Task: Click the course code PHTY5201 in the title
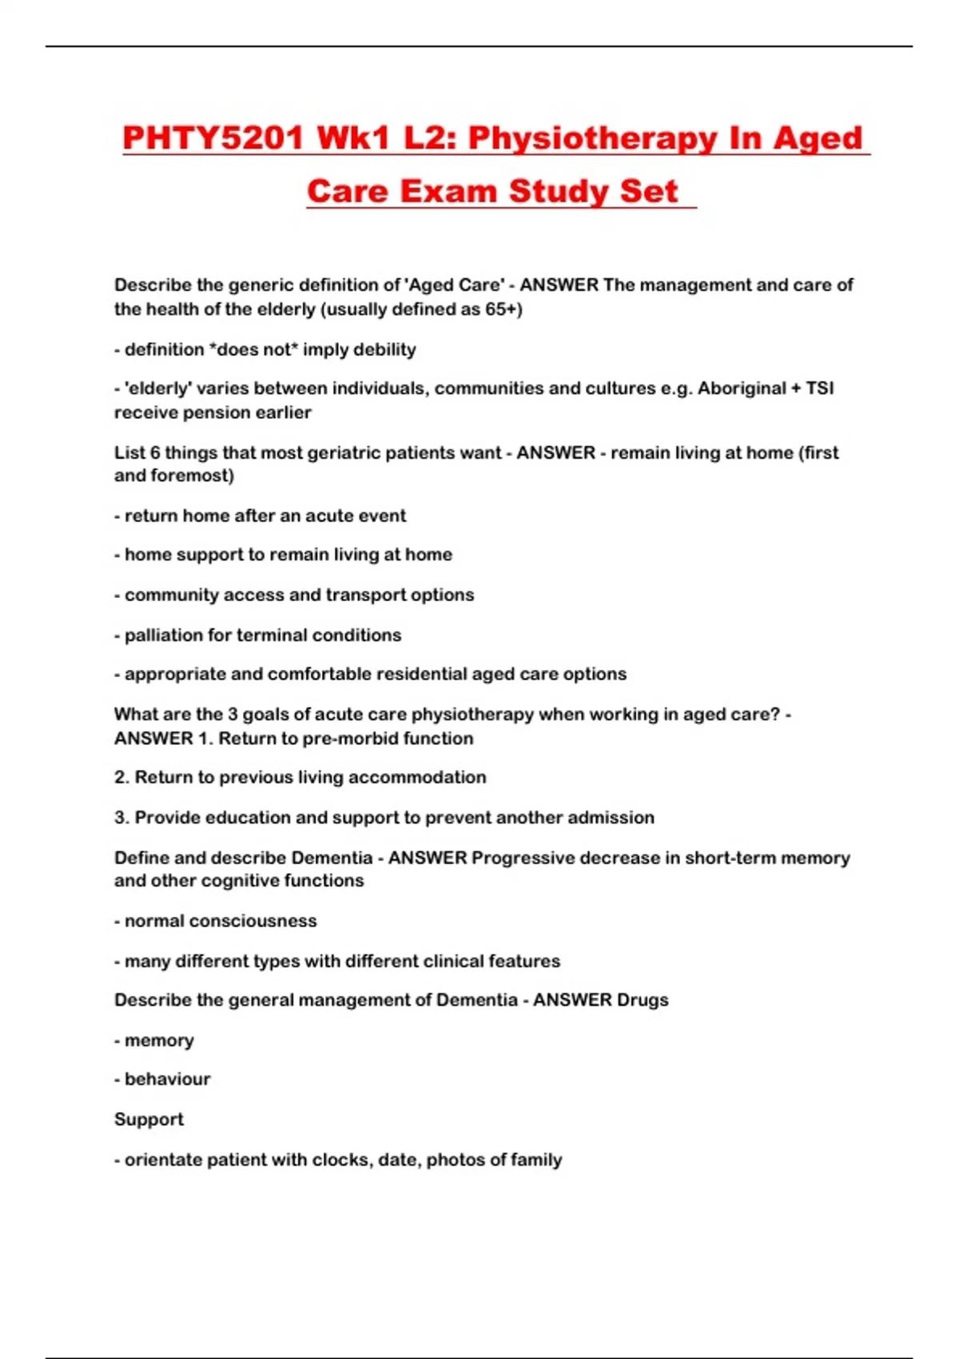point(213,138)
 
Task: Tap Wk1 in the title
point(353,138)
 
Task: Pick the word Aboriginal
point(741,389)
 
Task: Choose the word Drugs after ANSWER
point(643,1000)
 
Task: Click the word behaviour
point(167,1079)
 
